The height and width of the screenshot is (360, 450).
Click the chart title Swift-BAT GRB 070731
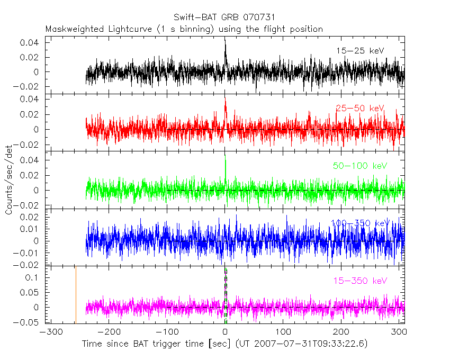224,18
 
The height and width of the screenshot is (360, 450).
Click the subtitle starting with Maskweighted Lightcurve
184,29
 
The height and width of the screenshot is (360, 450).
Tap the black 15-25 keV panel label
359,51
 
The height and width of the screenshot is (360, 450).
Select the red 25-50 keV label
359,109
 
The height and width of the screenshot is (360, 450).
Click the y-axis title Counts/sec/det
9,182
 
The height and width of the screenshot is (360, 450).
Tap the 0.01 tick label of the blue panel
33,229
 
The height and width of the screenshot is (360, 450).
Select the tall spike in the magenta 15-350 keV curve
226,270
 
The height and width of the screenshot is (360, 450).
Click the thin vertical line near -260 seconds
76,294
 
